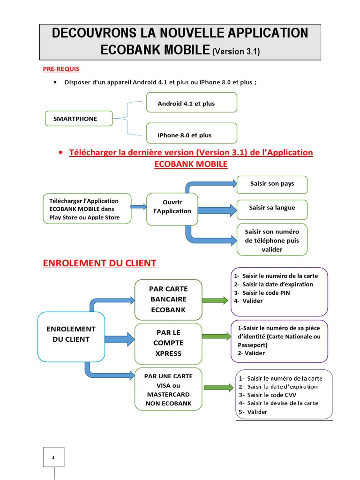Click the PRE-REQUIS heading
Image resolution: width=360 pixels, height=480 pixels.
click(x=61, y=69)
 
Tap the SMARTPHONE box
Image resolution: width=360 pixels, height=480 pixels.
click(x=79, y=119)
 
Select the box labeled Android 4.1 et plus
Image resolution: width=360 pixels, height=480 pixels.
click(x=191, y=103)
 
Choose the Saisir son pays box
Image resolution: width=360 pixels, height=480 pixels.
click(x=272, y=184)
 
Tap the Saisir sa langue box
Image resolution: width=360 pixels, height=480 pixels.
click(x=272, y=208)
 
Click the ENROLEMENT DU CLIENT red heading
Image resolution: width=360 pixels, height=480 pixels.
click(x=99, y=263)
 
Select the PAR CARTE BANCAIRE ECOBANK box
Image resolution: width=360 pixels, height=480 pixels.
click(x=168, y=300)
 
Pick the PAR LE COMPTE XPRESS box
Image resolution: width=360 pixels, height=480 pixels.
click(x=168, y=343)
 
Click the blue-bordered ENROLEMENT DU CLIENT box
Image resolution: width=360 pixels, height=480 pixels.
click(x=71, y=337)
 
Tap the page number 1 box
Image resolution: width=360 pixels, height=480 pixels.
click(x=54, y=457)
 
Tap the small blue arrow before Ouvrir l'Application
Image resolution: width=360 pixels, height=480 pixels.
click(x=138, y=206)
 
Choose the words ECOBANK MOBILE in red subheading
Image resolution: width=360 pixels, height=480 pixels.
click(x=191, y=164)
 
